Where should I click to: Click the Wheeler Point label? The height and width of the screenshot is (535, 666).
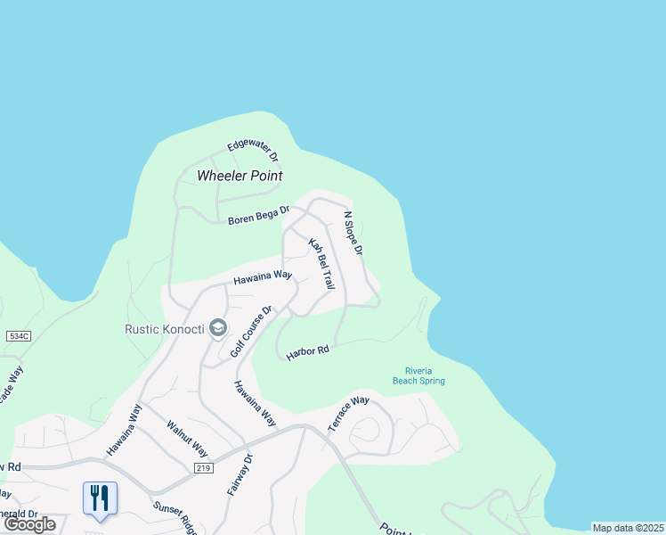240,175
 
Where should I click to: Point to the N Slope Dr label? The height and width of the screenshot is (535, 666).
353,234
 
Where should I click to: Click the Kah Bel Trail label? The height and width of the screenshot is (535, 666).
321,263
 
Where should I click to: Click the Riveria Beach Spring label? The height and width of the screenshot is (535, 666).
418,375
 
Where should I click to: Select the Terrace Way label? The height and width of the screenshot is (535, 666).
348,414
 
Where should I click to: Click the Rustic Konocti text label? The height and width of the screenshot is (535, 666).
164,328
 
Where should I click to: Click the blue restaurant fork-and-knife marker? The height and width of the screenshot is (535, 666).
99,498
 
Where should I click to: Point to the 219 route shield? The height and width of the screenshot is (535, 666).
204,468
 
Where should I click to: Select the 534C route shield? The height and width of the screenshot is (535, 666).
18,336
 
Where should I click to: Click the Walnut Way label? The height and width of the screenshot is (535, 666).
187,438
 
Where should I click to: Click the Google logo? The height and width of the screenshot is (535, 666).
31,524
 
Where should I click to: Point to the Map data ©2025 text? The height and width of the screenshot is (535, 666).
628,528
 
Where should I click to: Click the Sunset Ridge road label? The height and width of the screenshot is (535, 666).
175,517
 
